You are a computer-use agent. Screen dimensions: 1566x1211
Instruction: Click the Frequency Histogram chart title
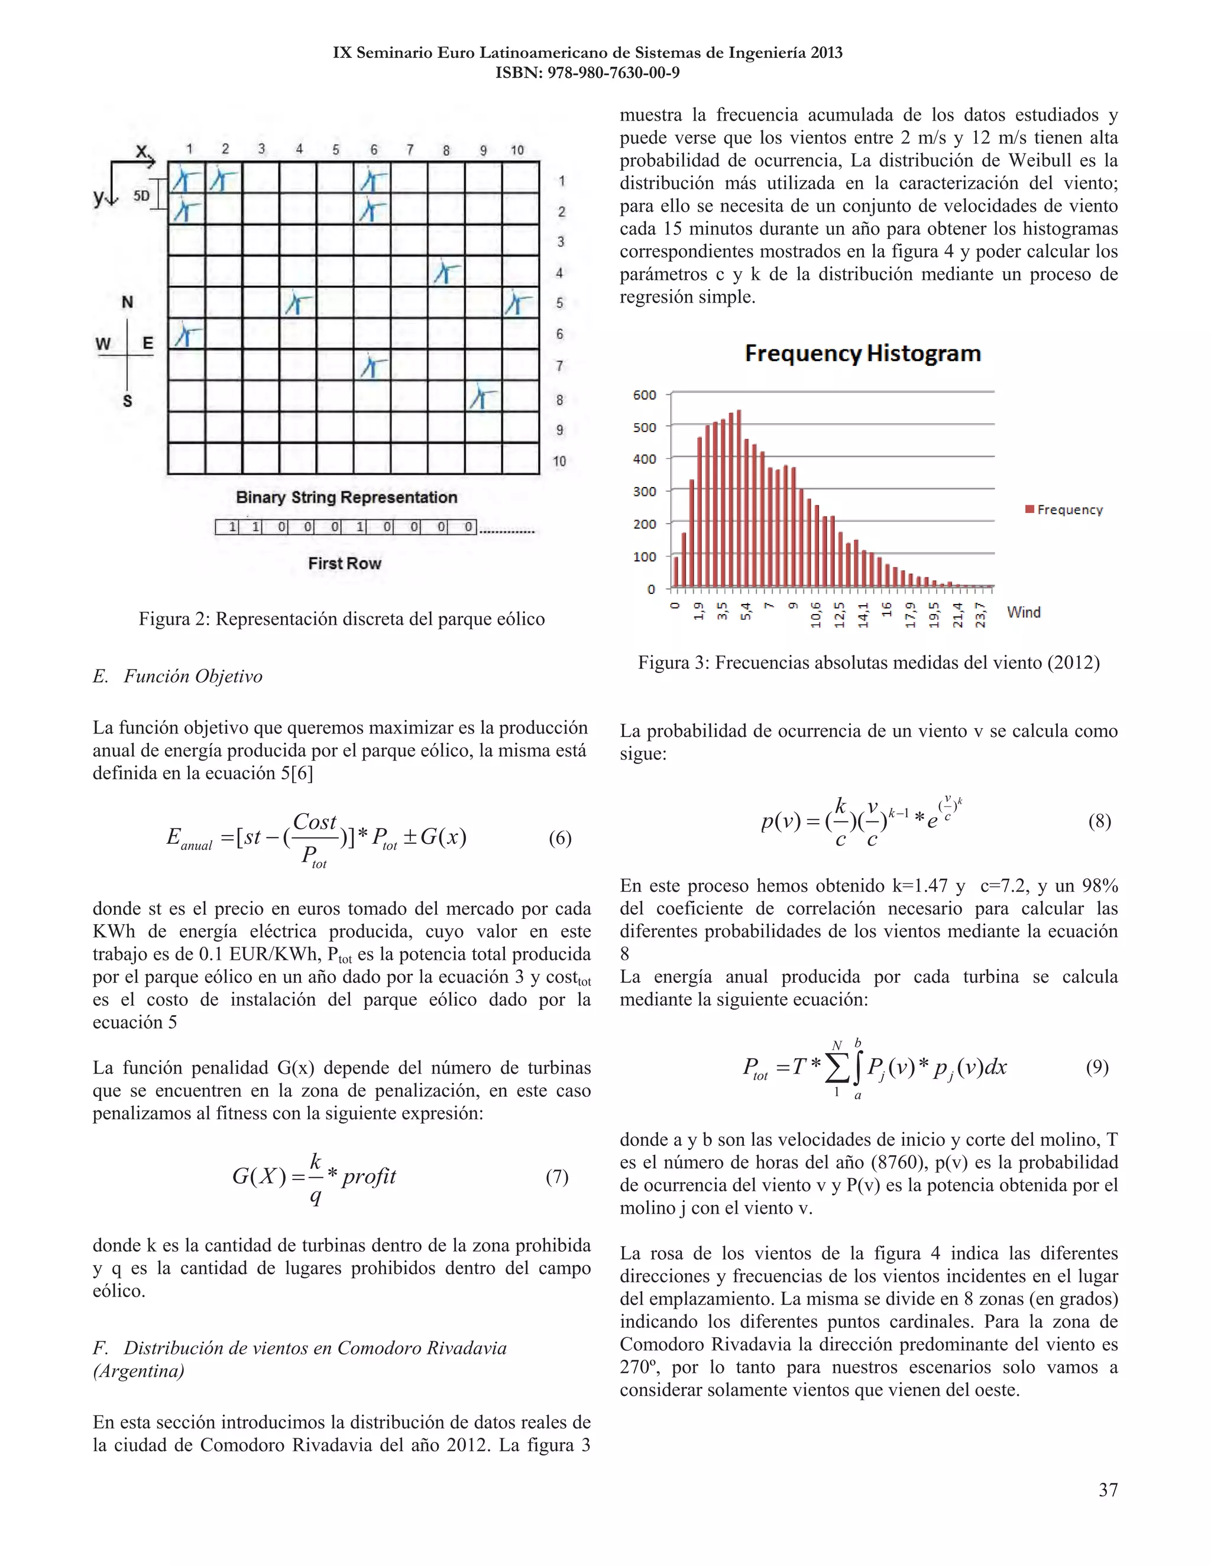click(862, 353)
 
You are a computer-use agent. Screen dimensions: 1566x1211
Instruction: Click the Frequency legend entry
click(1064, 510)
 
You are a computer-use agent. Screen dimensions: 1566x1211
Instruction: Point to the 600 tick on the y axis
click(645, 395)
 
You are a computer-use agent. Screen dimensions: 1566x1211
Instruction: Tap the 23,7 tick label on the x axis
click(981, 615)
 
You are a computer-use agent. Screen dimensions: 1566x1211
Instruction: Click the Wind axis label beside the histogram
click(1024, 612)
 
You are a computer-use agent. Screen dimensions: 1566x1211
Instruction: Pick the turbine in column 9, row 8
click(484, 397)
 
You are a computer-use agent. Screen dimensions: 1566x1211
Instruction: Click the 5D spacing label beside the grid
click(142, 195)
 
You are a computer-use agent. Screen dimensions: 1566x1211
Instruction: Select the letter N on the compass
click(127, 303)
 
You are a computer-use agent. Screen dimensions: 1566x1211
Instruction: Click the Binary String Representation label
click(347, 498)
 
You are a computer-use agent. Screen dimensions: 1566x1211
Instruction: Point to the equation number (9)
click(1097, 1068)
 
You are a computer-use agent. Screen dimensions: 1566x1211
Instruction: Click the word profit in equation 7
click(369, 1177)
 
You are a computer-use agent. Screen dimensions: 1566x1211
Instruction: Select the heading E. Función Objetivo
click(177, 676)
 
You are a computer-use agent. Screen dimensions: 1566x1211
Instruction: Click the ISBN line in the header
click(588, 73)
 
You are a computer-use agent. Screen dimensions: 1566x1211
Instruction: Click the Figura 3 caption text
click(869, 662)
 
